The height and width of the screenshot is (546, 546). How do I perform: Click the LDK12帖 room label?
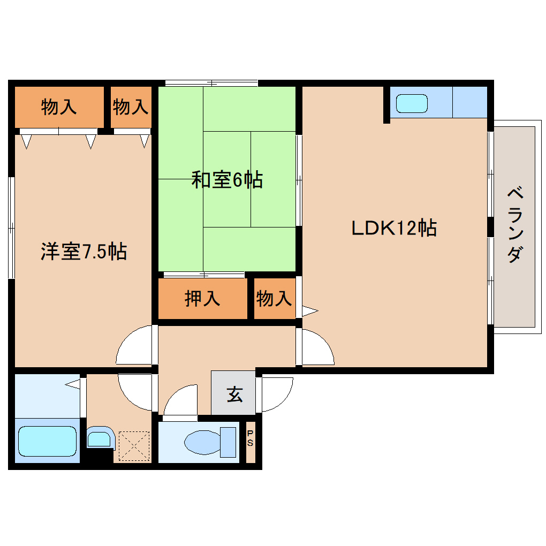393,228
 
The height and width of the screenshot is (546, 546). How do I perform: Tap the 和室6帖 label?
227,180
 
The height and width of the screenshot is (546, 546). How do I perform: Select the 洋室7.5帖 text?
84,251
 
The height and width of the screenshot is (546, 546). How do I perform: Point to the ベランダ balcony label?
514,225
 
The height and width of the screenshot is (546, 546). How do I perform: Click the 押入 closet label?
202,298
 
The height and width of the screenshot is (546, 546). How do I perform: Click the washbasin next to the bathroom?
99,439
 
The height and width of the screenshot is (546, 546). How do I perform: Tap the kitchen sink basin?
412,103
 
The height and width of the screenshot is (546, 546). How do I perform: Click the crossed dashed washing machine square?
133,445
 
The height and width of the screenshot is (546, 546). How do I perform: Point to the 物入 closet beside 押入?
274,298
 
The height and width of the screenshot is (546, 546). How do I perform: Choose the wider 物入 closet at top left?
59,107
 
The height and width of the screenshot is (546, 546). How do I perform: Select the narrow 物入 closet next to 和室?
131,107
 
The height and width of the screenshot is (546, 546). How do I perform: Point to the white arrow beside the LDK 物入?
310,310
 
